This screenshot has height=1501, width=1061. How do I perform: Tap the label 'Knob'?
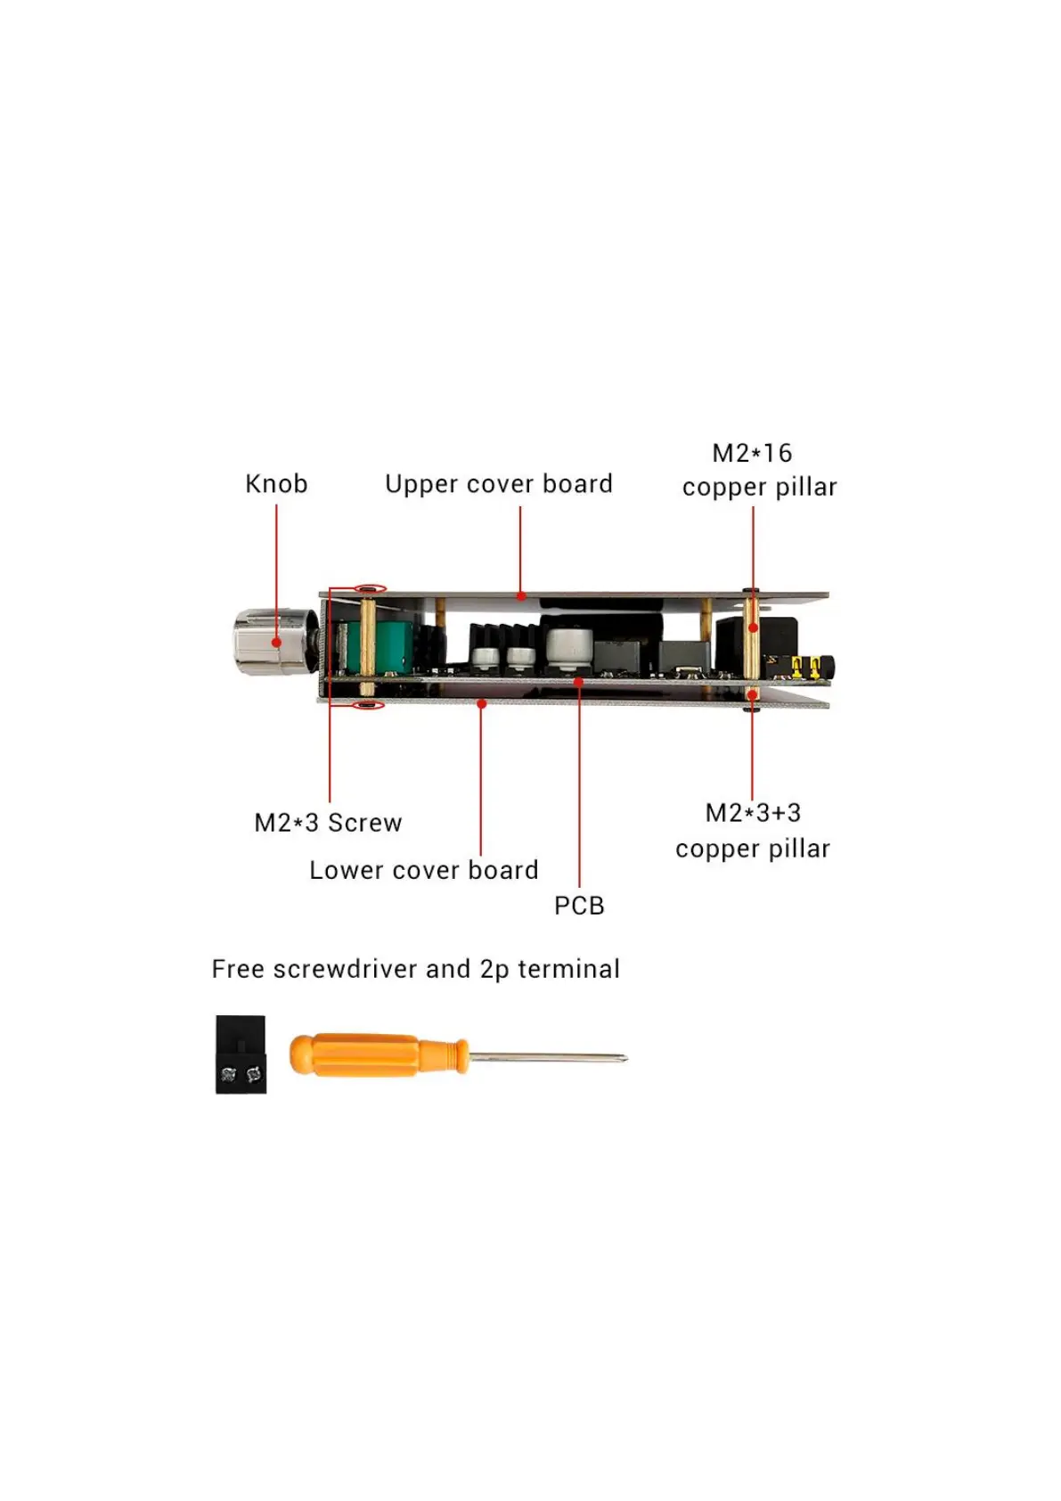[x=276, y=484]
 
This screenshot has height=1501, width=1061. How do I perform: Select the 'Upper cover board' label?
[x=498, y=484]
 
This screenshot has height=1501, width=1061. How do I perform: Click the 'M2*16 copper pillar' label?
[x=759, y=470]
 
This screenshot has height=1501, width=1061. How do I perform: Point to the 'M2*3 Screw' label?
[x=328, y=822]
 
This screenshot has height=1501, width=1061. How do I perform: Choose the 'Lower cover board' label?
[x=423, y=870]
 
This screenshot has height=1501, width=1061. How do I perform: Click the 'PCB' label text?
[x=579, y=906]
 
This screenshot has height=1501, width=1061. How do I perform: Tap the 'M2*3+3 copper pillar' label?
[x=753, y=831]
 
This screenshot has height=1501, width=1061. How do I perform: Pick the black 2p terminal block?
[x=241, y=1054]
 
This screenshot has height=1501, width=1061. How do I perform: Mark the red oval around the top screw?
[x=370, y=588]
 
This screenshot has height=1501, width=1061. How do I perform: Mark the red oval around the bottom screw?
[x=368, y=706]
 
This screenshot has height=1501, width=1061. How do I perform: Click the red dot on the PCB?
[x=579, y=682]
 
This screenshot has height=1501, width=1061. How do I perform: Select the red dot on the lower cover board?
[x=481, y=703]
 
